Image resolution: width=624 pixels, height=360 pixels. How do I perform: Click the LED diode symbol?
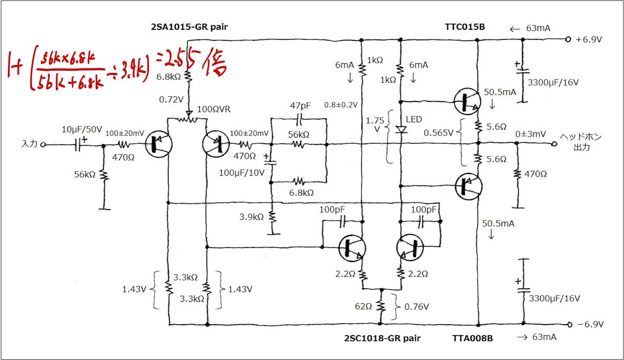[x=401, y=130]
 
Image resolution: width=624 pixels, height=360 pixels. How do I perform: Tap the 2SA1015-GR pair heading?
[x=189, y=27]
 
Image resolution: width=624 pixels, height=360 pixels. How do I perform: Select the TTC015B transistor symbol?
[x=467, y=102]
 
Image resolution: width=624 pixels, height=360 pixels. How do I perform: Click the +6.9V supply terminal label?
[x=588, y=40]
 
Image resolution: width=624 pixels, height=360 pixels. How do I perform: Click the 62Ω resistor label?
[x=363, y=306]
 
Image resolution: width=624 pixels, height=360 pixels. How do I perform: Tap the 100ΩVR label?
[x=214, y=109]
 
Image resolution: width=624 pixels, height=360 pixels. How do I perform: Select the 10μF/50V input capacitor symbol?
[x=78, y=144]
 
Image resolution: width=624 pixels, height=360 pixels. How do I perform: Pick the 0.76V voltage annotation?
[x=417, y=307]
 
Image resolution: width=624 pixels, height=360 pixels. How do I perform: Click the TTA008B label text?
[x=472, y=338]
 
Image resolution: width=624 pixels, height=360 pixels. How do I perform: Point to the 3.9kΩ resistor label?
[x=252, y=217]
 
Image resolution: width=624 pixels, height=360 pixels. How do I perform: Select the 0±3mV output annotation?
[x=530, y=134]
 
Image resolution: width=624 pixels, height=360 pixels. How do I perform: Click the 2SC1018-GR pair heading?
[x=382, y=338]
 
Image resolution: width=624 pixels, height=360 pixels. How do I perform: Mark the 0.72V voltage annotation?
[x=171, y=100]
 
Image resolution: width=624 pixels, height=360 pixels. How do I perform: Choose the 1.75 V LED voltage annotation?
[x=375, y=125]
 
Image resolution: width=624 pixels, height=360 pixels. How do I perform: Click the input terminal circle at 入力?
[x=43, y=144]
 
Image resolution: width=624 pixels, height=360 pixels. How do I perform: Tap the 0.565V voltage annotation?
[x=438, y=133]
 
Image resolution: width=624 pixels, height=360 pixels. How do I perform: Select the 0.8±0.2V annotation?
[x=341, y=105]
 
